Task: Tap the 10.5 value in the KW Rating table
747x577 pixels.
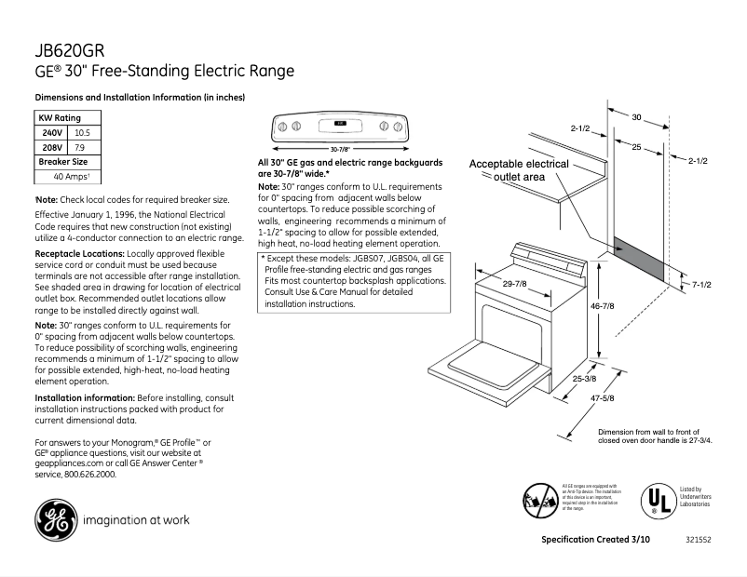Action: [x=81, y=133]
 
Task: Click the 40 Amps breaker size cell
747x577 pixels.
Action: [x=71, y=176]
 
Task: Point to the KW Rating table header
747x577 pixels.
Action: [x=59, y=118]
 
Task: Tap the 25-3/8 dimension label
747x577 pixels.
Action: [x=585, y=379]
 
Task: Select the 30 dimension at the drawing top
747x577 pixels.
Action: [x=637, y=117]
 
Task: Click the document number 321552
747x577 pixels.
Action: [x=697, y=541]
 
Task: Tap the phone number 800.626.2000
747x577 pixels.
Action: [x=89, y=474]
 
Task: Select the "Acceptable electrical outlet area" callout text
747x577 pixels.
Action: [x=519, y=169]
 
